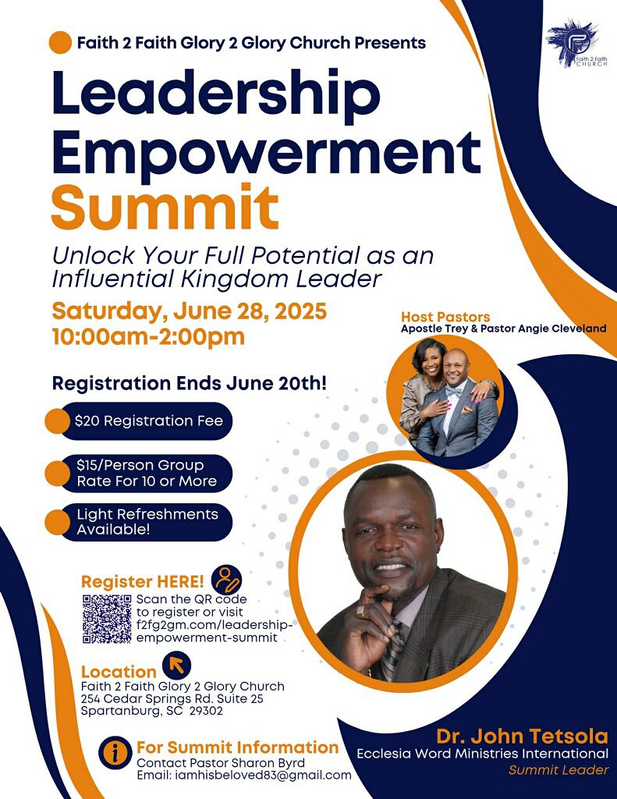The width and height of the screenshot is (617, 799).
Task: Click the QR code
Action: point(107,619)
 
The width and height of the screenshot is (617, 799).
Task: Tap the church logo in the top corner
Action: point(578,44)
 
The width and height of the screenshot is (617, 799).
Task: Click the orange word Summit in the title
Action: point(165,208)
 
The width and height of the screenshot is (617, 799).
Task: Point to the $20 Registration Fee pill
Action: point(139,421)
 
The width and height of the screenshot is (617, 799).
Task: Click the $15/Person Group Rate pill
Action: point(139,474)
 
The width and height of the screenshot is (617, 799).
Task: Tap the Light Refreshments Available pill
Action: point(139,522)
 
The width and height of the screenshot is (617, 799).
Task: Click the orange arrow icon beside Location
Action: point(177,665)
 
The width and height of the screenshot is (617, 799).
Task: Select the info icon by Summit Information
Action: point(115,752)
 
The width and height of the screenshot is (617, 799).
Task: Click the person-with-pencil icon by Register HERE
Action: point(226,580)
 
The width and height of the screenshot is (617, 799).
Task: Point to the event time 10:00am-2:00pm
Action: point(148,337)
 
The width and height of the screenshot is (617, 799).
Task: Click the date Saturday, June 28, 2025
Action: point(189,311)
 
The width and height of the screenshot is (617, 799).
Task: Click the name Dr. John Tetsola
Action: point(523,737)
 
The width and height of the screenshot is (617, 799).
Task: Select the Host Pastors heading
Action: point(445,317)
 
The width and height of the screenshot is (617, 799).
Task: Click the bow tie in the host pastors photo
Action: point(454,393)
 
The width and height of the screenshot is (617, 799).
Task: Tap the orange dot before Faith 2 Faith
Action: point(60,42)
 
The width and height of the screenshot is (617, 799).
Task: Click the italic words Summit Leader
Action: point(558,770)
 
